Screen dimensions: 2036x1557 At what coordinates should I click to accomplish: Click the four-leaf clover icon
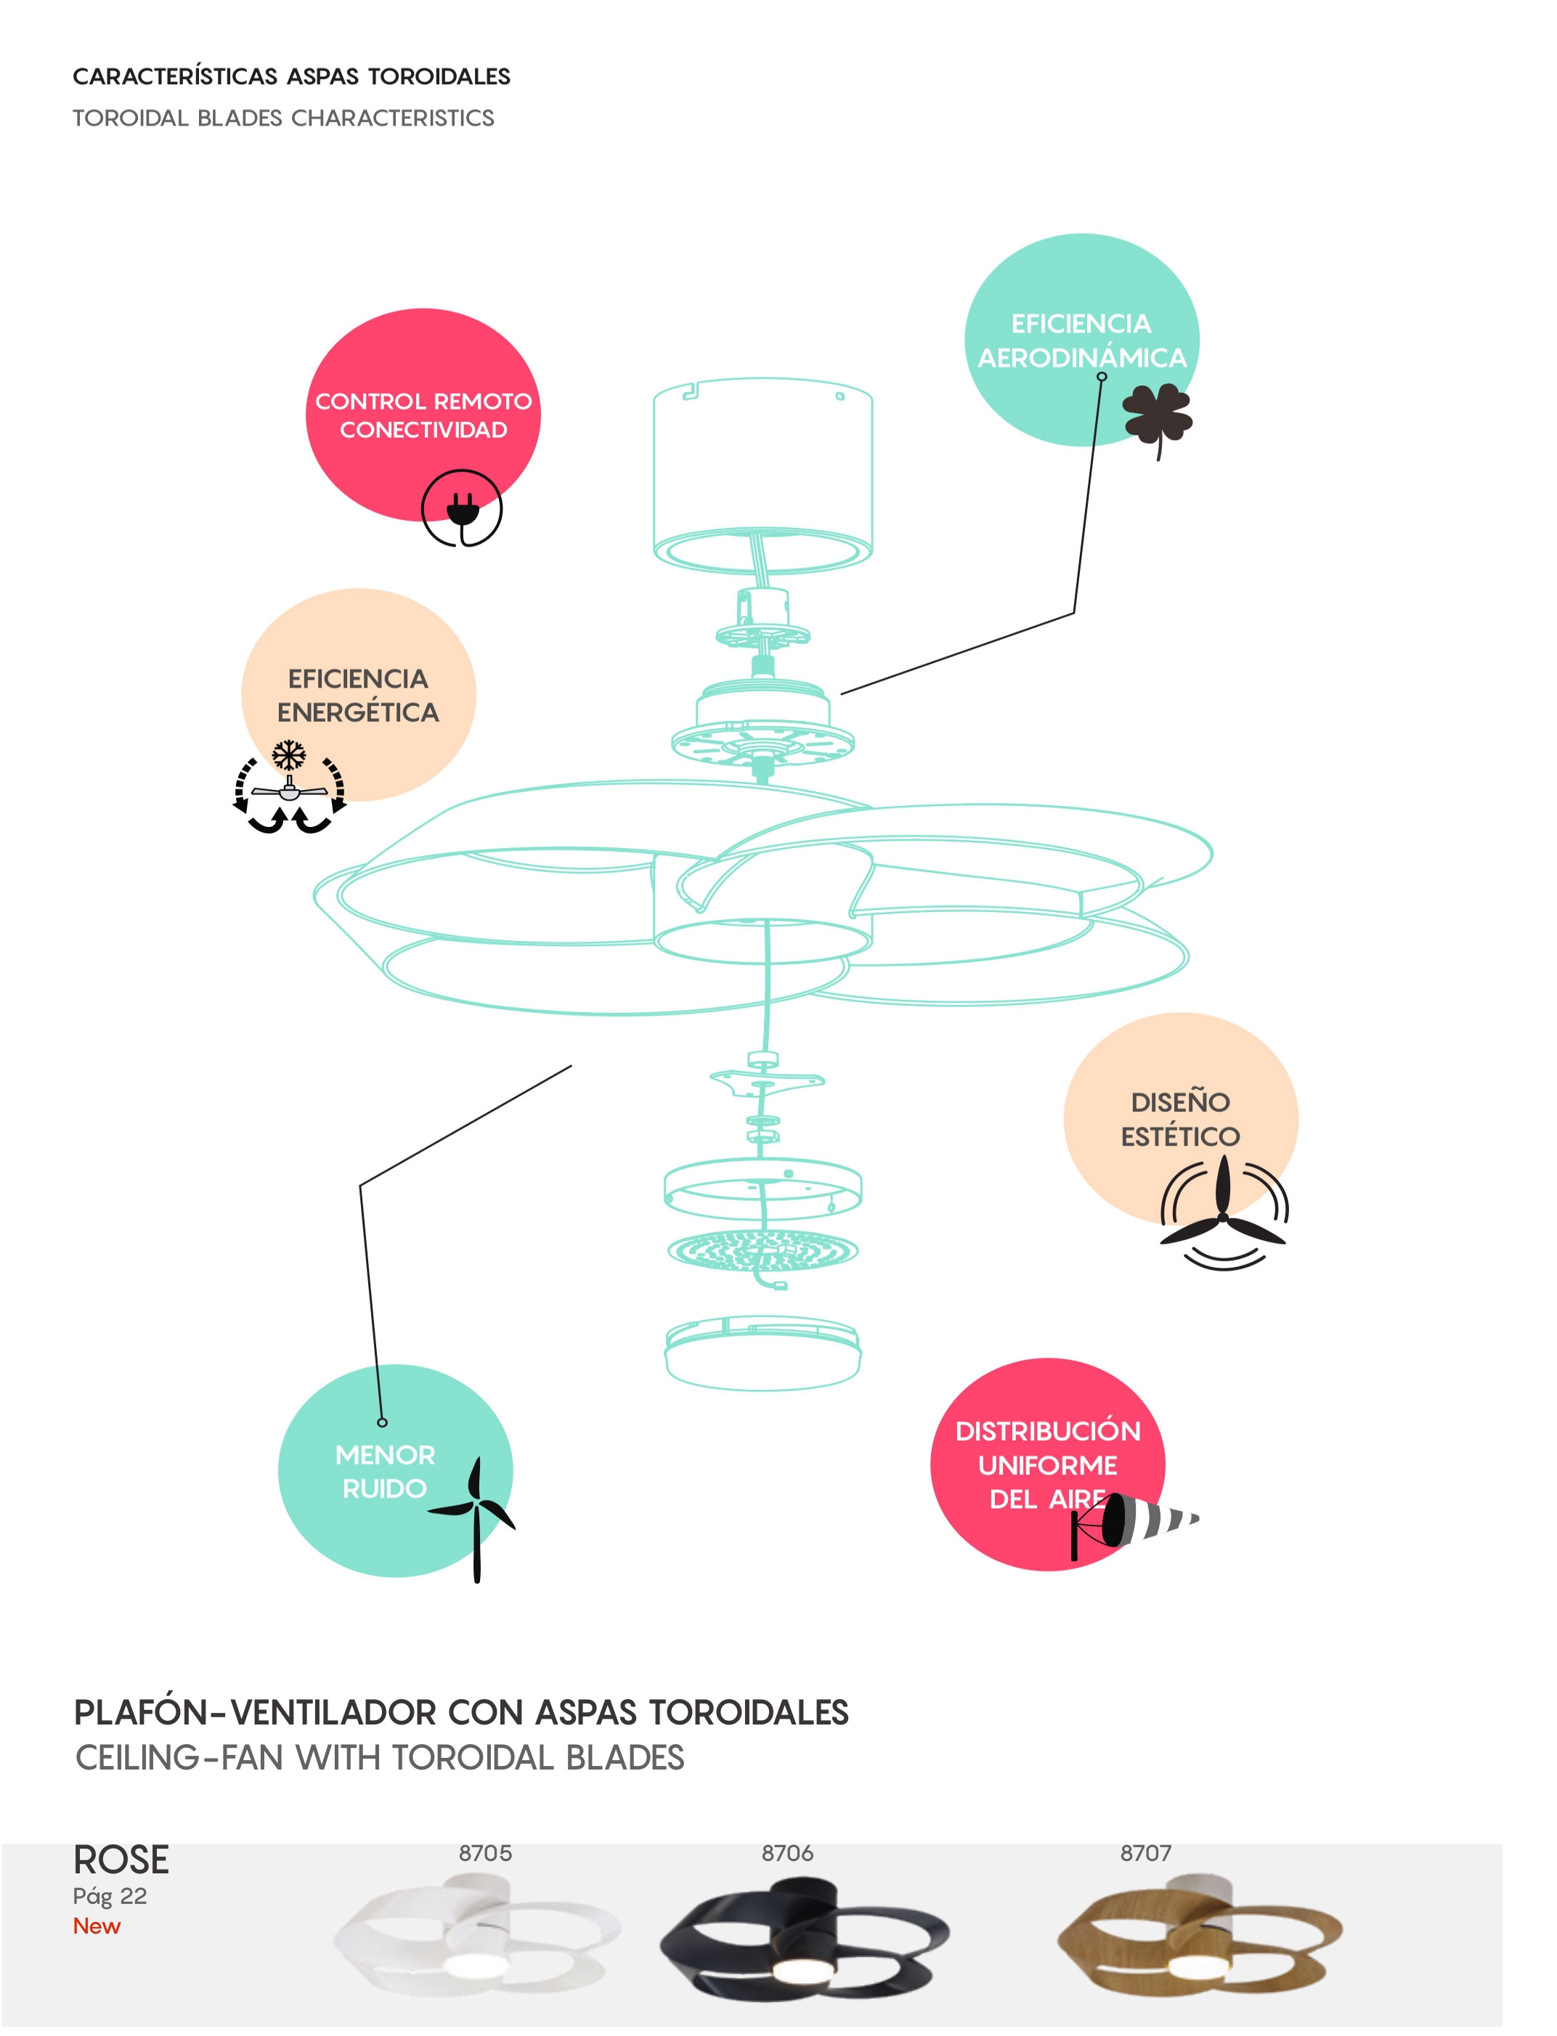click(x=1157, y=419)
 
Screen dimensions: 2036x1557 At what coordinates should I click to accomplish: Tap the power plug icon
click(x=462, y=509)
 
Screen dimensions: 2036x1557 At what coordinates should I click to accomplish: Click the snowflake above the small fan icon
click(x=289, y=754)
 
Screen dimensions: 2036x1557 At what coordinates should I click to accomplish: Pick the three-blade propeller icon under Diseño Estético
click(x=1224, y=1214)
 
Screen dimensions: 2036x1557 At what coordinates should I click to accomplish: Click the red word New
click(x=97, y=1926)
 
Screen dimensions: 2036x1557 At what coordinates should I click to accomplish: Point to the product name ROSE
click(x=121, y=1860)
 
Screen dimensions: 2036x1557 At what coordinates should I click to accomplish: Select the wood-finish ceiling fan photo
click(x=1198, y=1939)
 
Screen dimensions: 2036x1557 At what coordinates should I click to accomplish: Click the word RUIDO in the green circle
click(x=385, y=1489)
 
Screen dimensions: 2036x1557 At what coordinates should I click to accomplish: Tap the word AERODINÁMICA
click(x=1081, y=358)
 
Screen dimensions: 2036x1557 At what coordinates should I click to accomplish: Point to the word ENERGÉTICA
click(x=358, y=712)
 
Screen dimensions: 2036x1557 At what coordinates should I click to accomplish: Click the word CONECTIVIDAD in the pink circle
click(x=423, y=430)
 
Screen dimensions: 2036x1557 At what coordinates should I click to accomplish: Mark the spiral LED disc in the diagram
click(x=763, y=1250)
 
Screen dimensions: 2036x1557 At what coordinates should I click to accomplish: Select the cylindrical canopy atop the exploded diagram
click(x=763, y=473)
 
